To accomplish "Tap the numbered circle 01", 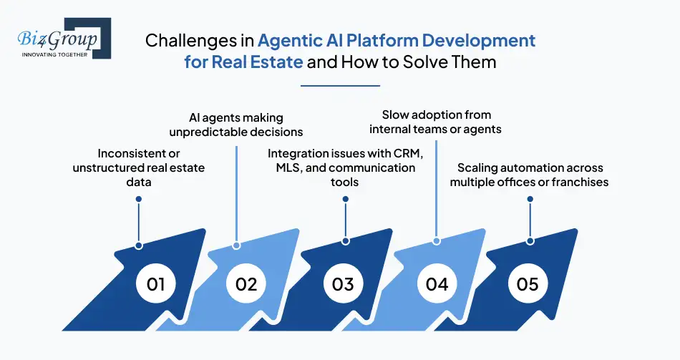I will tap(155, 284).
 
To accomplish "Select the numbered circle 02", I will tap(246, 284).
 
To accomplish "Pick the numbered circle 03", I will tap(343, 284).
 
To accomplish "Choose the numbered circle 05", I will tap(528, 284).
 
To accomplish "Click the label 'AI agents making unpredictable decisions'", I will tap(236, 124).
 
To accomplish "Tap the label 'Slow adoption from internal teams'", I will tap(436, 122).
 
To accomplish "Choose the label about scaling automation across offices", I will tap(529, 175).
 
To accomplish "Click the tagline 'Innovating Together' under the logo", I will tap(54, 54).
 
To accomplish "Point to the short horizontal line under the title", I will tap(340, 85).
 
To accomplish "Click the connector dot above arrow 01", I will tap(139, 200).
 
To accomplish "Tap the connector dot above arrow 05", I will tap(530, 241).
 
